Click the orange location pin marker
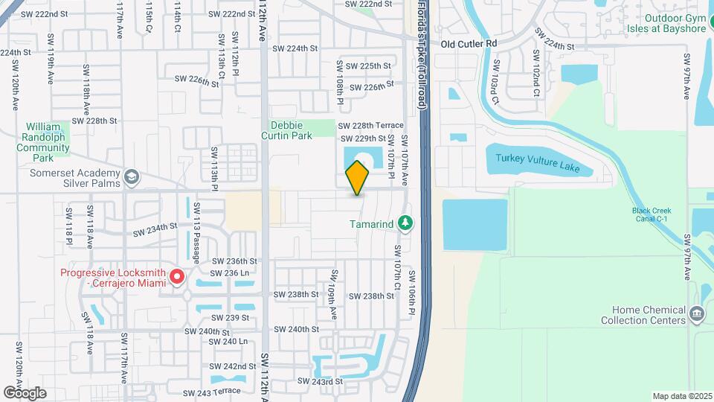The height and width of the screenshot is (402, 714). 358,177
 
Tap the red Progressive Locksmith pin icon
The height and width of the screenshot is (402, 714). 177,278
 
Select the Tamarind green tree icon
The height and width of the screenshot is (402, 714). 405,223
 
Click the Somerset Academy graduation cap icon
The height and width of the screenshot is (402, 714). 132,177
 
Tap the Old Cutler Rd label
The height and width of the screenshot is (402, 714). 468,44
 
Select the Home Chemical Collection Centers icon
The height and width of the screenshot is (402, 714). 697,313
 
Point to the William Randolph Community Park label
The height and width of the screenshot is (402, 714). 43,142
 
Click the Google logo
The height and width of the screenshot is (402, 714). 25,392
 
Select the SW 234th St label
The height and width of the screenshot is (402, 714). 155,230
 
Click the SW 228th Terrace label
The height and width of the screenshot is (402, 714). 370,126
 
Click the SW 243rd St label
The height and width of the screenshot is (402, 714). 320,381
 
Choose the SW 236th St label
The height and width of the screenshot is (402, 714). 234,261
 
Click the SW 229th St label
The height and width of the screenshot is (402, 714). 363,138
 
